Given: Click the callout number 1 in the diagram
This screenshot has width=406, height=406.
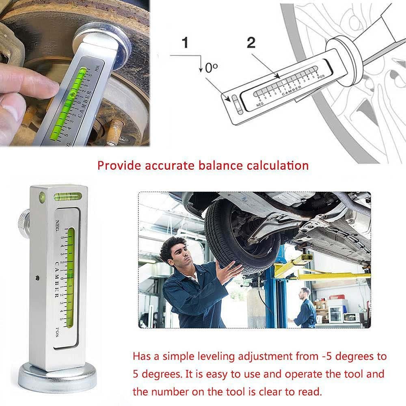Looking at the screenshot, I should (185, 43).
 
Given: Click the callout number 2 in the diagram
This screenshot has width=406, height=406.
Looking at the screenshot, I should (251, 43).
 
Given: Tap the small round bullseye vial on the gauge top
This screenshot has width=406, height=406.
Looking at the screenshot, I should (42, 198).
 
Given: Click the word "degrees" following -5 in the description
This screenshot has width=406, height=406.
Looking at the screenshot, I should (346, 357).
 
